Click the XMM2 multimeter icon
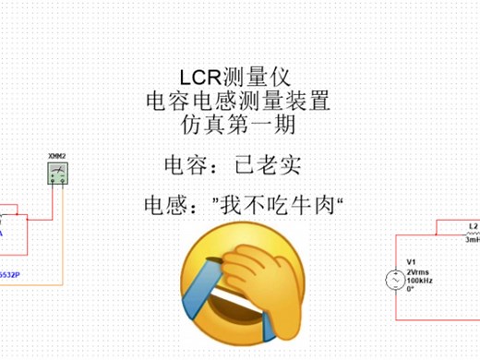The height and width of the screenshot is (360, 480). (x=59, y=174)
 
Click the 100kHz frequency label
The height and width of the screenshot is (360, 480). (x=421, y=280)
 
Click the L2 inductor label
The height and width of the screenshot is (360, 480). (x=474, y=225)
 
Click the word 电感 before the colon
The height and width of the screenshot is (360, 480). (x=164, y=203)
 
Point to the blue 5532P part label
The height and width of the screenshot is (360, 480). (x=11, y=275)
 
